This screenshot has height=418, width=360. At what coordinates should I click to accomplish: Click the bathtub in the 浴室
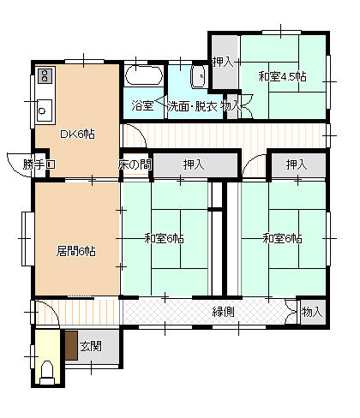pyautogui.click(x=144, y=75)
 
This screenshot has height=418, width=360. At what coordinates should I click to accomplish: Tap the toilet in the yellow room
pyautogui.click(x=47, y=373)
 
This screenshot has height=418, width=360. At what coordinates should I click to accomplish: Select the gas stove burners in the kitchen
pyautogui.click(x=45, y=75)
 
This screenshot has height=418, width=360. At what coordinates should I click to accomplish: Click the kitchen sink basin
pyautogui.click(x=45, y=110)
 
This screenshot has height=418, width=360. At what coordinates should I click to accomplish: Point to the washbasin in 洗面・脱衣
pyautogui.click(x=199, y=76)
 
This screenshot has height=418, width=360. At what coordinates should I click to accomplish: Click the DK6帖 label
pyautogui.click(x=77, y=134)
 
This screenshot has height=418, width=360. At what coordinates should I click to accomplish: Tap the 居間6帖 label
pyautogui.click(x=75, y=251)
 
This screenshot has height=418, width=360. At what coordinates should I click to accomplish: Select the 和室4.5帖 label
pyautogui.click(x=282, y=76)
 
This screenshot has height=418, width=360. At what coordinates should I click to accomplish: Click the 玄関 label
pyautogui.click(x=91, y=347)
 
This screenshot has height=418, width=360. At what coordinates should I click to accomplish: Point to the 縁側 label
pyautogui.click(x=224, y=312)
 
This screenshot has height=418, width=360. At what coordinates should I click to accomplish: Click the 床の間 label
pyautogui.click(x=135, y=164)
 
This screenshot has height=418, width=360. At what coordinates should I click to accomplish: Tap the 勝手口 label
pyautogui.click(x=39, y=164)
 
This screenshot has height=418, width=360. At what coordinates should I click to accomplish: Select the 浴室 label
pyautogui.click(x=142, y=106)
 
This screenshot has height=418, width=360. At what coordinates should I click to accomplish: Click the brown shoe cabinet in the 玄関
pyautogui.click(x=71, y=345)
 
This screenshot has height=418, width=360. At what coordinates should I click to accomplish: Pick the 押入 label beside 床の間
pyautogui.click(x=194, y=164)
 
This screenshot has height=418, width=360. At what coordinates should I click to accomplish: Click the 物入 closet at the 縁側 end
pyautogui.click(x=312, y=312)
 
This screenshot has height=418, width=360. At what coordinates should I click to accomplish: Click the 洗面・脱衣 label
pyautogui.click(x=192, y=106)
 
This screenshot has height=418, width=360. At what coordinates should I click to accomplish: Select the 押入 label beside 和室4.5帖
pyautogui.click(x=223, y=62)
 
